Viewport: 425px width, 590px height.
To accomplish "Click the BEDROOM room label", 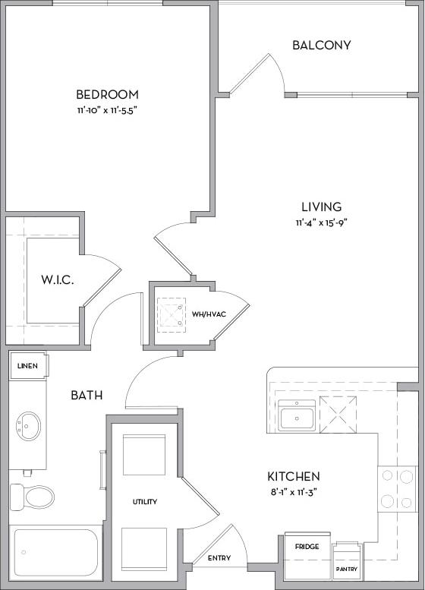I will pos(107,95).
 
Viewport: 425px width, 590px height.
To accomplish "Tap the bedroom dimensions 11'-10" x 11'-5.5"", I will pos(107,110).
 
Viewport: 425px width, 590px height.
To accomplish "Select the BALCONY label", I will pos(322,45).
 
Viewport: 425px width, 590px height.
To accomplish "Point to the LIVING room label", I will pos(321,207).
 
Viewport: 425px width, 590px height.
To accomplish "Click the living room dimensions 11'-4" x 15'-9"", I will pos(321,222).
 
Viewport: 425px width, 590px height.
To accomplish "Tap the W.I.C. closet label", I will pos(57,280).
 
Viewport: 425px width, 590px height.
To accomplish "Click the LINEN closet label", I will pos(28,366).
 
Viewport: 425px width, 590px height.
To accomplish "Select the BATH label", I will pos(87,396).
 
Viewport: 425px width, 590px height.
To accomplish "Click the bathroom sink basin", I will pos(28,426).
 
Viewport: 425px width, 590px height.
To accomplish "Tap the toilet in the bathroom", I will pos(32,497).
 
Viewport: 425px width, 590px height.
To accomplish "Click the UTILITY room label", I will pos(144,502).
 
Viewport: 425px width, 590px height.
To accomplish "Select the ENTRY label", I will pos(220,559).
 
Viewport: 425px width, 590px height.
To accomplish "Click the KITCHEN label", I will pos(293,477).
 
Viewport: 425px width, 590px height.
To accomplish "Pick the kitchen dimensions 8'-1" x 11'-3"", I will pos(293,492).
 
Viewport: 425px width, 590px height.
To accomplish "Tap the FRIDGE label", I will pos(307,547).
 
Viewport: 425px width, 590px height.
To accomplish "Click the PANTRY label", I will pos(347,568).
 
